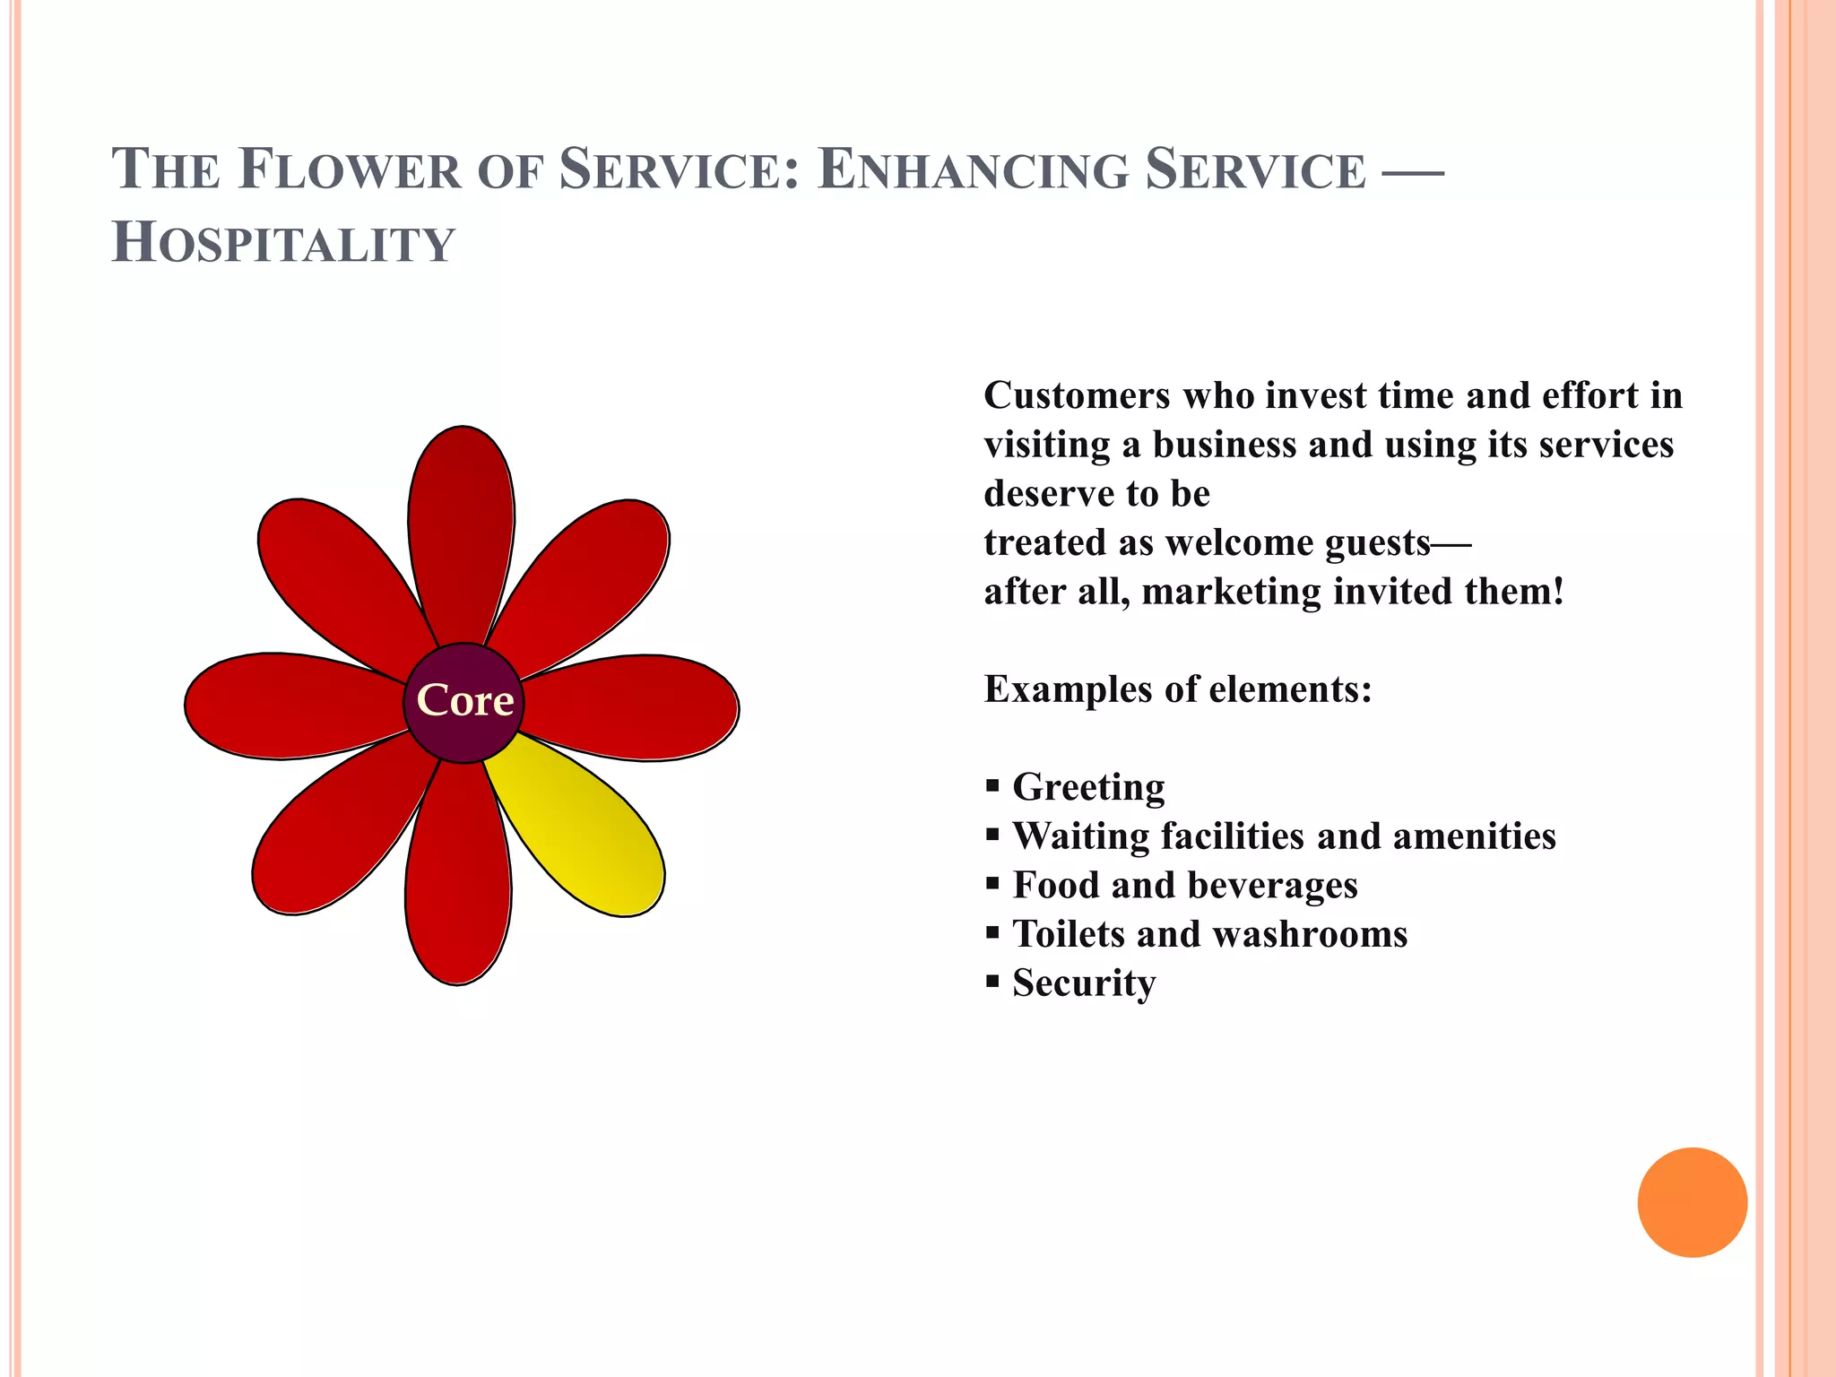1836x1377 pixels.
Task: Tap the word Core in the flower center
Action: [464, 701]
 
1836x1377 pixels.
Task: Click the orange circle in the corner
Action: [1692, 1202]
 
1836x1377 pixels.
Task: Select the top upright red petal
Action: [461, 529]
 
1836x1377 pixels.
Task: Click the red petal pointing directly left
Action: [287, 706]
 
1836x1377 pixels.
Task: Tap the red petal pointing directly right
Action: [637, 707]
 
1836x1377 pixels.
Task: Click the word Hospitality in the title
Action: [283, 244]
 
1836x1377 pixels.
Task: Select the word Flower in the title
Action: [350, 170]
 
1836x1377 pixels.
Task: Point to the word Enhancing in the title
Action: [973, 170]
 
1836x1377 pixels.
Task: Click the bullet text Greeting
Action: [1088, 787]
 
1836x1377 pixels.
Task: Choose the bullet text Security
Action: [1084, 983]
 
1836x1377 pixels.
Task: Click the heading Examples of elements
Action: [1178, 689]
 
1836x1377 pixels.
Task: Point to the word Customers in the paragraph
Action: [1077, 395]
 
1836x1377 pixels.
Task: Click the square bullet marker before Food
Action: [992, 884]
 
